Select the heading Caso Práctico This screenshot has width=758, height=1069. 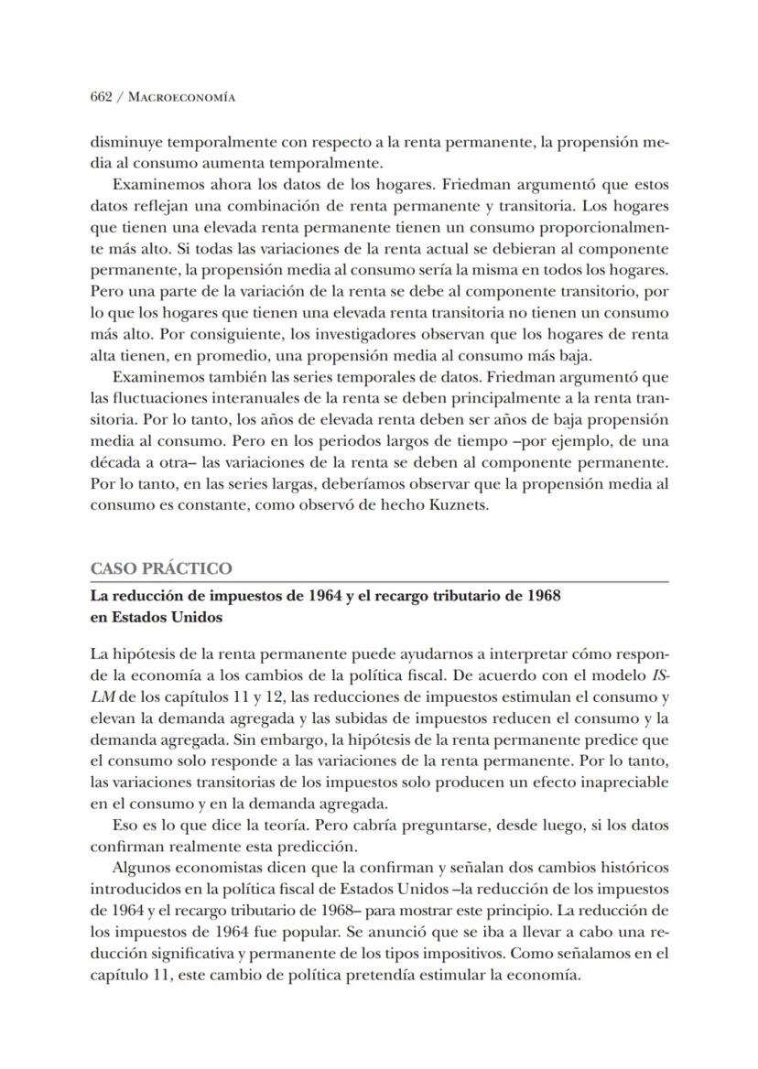point(161,568)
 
